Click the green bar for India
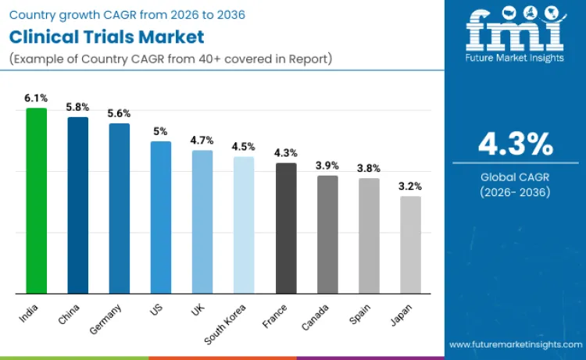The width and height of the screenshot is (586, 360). coord(36,201)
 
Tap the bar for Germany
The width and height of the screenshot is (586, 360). coord(119,209)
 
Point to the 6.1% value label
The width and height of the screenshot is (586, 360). coord(36,98)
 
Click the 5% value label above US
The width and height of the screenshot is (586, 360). coord(160,131)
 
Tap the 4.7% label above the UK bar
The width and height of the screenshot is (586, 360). coord(202,141)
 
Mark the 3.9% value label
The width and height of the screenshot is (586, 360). coord(327,166)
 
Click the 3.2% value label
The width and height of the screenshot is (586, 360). coord(410,187)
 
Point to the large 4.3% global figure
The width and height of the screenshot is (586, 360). coord(516,144)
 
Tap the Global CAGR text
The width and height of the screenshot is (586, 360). coord(516,177)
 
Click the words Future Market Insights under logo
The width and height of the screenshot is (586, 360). coord(515,58)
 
